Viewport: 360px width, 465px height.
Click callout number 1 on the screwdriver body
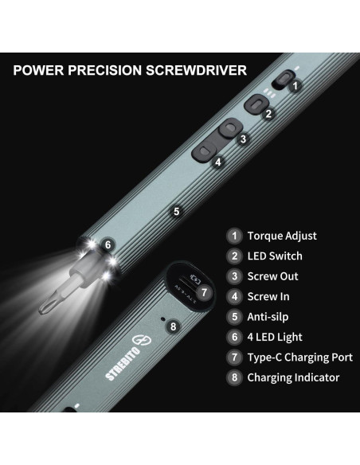coord(294,84)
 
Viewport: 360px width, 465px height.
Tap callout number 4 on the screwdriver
coord(217,162)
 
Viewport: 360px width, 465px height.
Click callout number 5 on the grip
coord(176,212)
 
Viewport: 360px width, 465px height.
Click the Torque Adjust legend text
coord(282,236)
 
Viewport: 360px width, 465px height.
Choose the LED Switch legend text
coord(275,256)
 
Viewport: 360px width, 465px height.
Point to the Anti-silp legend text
coord(271,317)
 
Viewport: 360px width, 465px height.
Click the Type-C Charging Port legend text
coord(299,358)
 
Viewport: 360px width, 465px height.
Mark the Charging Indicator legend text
coord(293,377)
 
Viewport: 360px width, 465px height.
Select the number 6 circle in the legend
coord(234,338)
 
